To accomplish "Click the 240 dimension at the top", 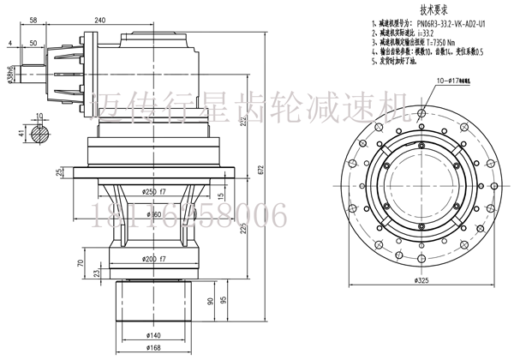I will (124, 19).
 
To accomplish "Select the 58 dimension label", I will (33, 19).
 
